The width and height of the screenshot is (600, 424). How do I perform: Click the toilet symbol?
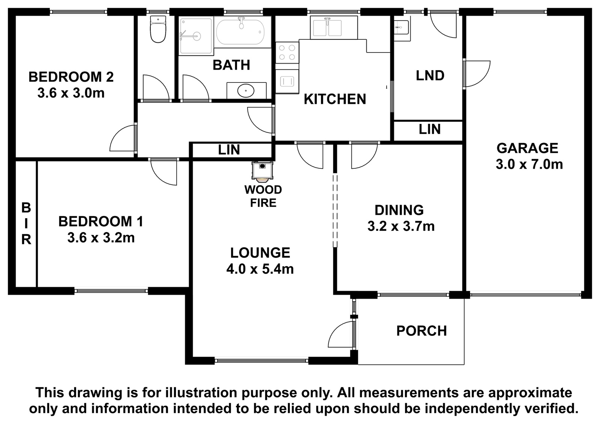[158, 29]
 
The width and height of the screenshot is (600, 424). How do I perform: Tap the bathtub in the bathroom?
[240, 32]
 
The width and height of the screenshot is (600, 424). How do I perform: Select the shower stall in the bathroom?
[196, 36]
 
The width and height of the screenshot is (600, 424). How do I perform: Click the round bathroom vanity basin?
[246, 90]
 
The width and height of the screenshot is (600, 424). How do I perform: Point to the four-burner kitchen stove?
[287, 52]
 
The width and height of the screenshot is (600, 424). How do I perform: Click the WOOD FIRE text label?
[263, 196]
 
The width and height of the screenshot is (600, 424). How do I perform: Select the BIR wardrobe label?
[26, 224]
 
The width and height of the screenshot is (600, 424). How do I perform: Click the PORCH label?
[421, 331]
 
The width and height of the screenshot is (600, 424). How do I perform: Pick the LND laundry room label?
[430, 75]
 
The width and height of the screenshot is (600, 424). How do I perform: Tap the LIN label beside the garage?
[430, 129]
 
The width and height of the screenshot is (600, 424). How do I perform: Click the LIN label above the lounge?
[229, 150]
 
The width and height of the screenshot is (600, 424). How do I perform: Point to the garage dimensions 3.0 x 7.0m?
[529, 164]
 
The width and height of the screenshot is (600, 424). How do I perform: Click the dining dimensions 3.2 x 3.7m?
[401, 226]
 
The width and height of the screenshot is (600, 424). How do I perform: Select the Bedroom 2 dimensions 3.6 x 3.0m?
[71, 93]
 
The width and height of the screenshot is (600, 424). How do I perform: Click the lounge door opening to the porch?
[341, 334]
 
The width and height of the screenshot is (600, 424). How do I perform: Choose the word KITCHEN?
[335, 99]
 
